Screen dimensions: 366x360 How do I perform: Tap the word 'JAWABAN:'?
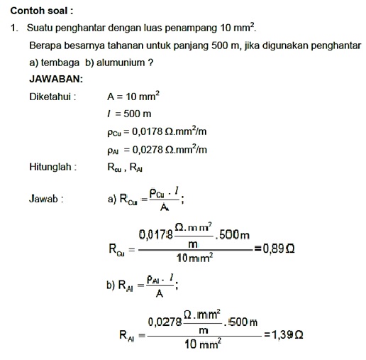56,80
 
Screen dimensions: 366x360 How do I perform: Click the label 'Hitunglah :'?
53,168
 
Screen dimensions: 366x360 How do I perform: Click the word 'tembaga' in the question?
57,62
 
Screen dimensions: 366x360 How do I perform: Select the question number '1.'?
14,28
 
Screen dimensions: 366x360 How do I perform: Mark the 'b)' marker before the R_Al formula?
111,285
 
